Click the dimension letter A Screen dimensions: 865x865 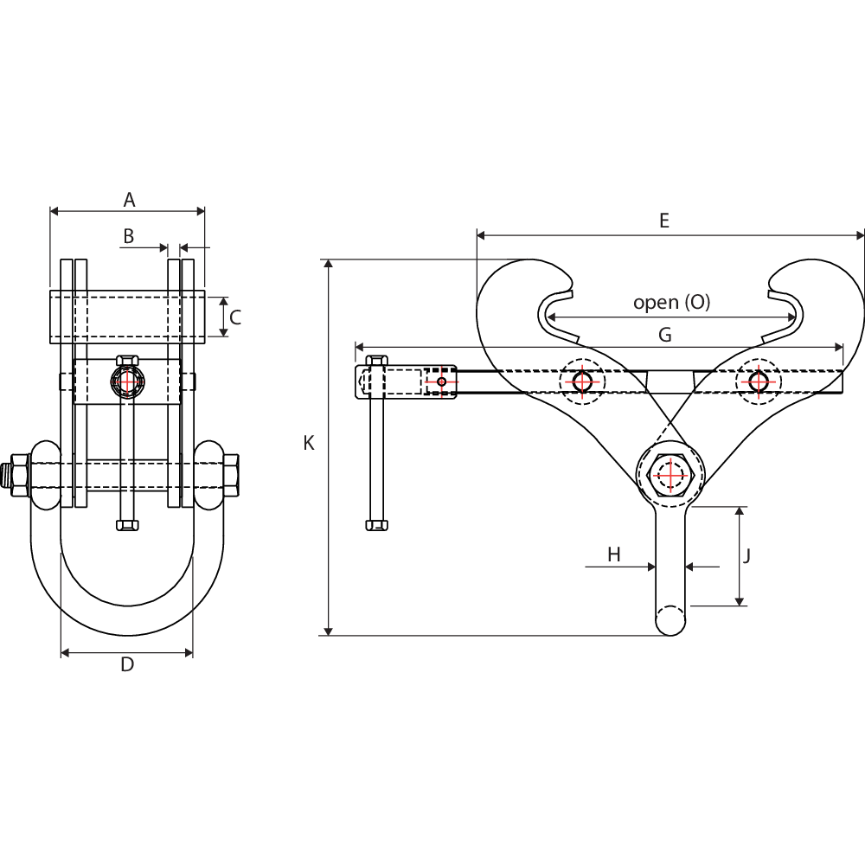click(129, 200)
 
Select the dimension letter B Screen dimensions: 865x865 click(129, 235)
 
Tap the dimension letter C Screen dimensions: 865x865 click(234, 317)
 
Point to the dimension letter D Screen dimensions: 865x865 click(127, 665)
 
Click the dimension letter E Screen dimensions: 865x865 click(664, 221)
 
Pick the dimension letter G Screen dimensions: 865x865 click(664, 335)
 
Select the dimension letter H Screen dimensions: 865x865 click(614, 554)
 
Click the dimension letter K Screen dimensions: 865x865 click(309, 443)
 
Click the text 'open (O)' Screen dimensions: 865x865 click(671, 302)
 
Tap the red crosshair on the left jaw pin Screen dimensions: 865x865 click(582, 381)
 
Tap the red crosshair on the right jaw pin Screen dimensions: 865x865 click(759, 381)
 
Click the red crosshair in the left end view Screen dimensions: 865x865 click(128, 381)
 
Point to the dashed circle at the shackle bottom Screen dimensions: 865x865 click(670, 619)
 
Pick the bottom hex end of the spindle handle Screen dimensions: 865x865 click(377, 524)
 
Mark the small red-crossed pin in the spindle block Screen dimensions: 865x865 click(442, 381)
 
